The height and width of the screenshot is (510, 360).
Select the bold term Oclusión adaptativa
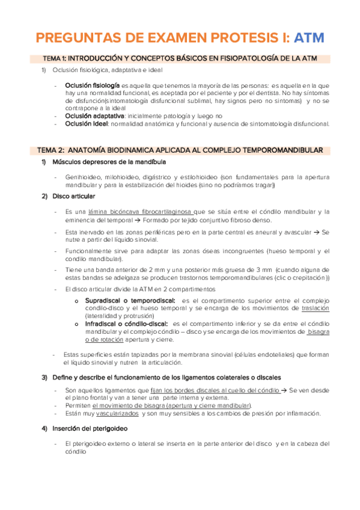(95, 115)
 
